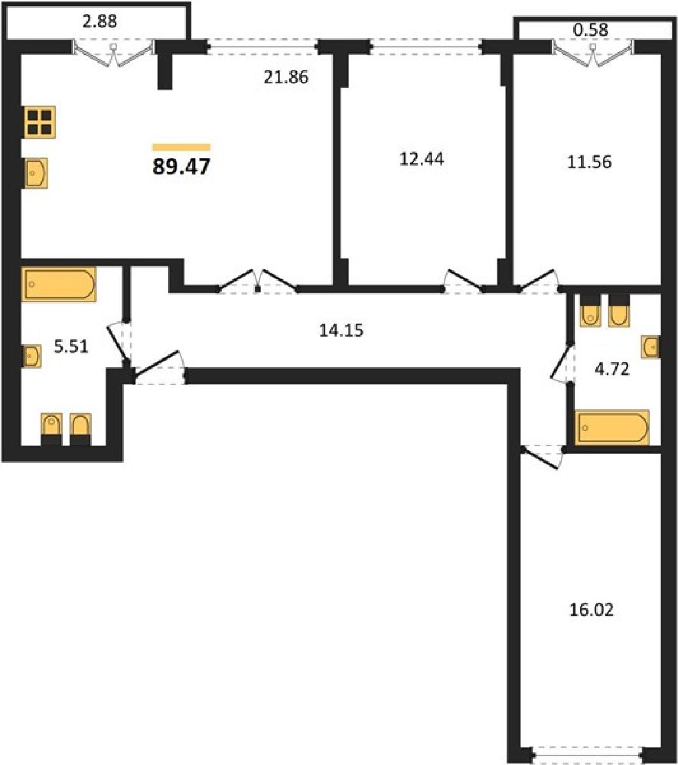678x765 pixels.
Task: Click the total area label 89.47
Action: click(181, 166)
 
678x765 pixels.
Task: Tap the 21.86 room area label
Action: click(286, 77)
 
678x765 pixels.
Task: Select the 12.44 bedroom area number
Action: click(421, 159)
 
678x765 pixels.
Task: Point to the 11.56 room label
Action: click(589, 162)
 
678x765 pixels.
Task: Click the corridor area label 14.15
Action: click(341, 330)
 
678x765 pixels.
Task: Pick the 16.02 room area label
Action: click(591, 610)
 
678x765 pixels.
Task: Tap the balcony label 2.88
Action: click(99, 22)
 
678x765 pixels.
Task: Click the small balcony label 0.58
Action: click(591, 30)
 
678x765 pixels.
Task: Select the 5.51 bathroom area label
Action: click(71, 346)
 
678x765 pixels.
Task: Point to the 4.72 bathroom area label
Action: click(612, 369)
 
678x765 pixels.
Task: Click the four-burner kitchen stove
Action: click(39, 122)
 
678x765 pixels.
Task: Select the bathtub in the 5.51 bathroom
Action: click(59, 284)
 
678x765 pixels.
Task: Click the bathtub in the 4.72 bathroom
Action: click(612, 427)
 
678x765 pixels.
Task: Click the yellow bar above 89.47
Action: click(181, 147)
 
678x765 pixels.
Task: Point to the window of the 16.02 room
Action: click(588, 755)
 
